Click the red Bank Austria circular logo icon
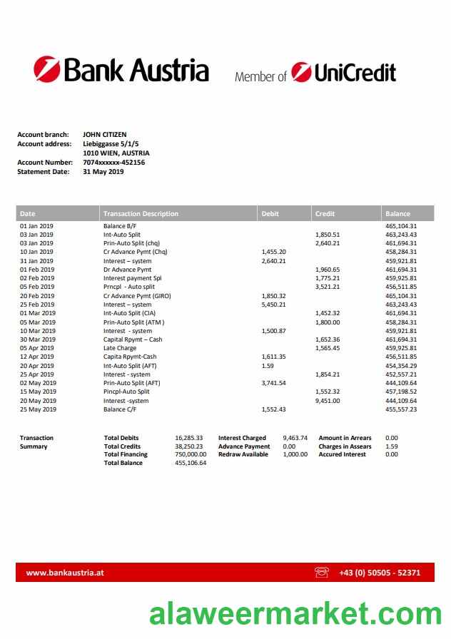(47, 70)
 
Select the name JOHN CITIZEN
(105, 134)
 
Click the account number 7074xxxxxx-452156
(114, 162)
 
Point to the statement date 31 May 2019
(103, 171)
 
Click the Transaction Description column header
(141, 213)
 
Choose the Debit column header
(270, 213)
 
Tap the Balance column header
(397, 213)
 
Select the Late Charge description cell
(121, 348)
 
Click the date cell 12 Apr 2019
(36, 357)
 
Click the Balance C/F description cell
(123, 409)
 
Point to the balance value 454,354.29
(400, 365)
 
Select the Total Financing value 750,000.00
(191, 454)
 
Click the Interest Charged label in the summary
(242, 438)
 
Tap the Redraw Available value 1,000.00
(295, 454)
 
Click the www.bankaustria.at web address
(66, 572)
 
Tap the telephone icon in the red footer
(322, 572)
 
